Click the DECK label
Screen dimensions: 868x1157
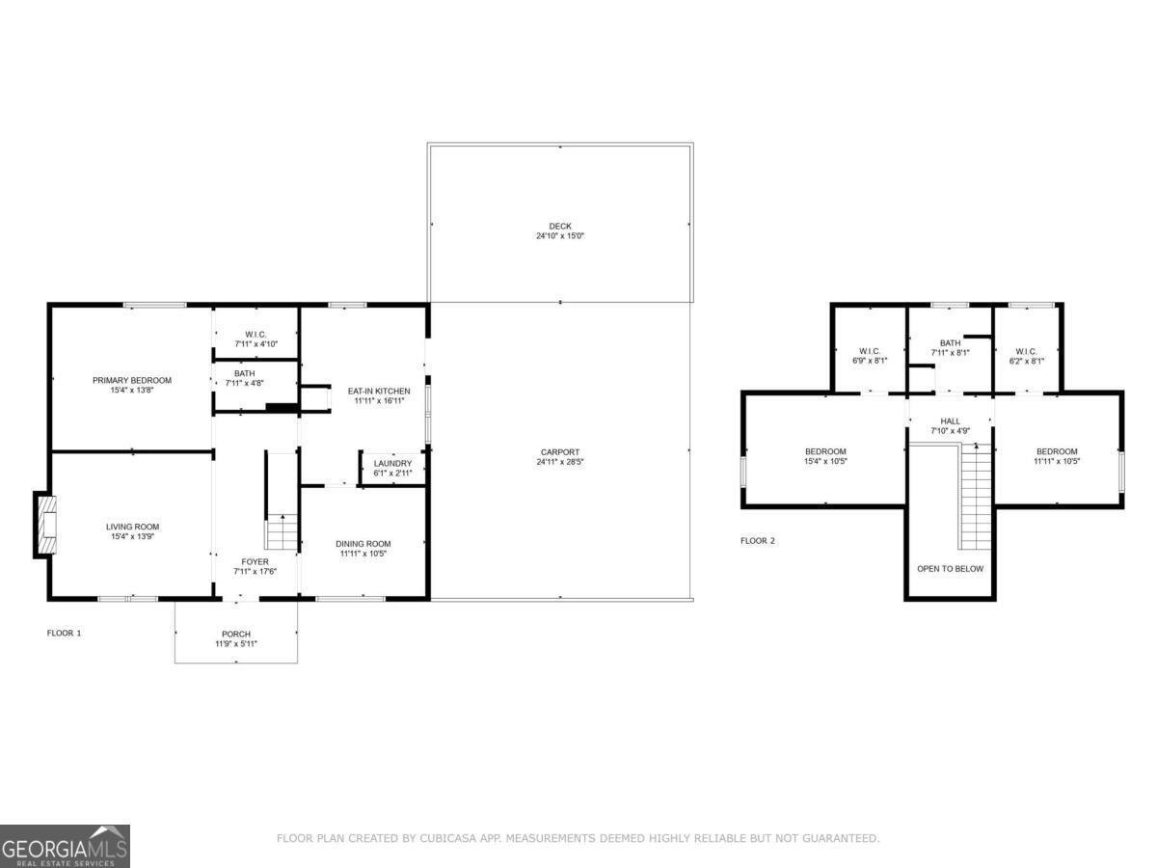[560, 227]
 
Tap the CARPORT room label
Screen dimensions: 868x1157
[560, 452]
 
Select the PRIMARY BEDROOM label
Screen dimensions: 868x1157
[132, 380]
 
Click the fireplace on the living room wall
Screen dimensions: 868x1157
[45, 525]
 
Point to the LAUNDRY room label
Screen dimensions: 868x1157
[392, 463]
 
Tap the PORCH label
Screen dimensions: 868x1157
[235, 634]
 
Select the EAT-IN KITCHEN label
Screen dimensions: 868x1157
[379, 391]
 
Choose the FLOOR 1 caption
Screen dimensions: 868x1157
[65, 633]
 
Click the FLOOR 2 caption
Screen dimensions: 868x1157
[758, 541]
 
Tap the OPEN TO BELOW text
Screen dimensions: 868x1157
[950, 568]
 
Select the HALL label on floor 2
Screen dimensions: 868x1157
[950, 420]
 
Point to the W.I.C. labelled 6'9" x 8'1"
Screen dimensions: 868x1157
[870, 351]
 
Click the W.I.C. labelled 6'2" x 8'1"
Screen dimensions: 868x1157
[1025, 351]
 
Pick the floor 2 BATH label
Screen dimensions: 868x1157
[950, 342]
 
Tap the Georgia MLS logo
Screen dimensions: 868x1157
[65, 846]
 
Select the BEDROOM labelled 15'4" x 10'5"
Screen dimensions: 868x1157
[825, 451]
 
